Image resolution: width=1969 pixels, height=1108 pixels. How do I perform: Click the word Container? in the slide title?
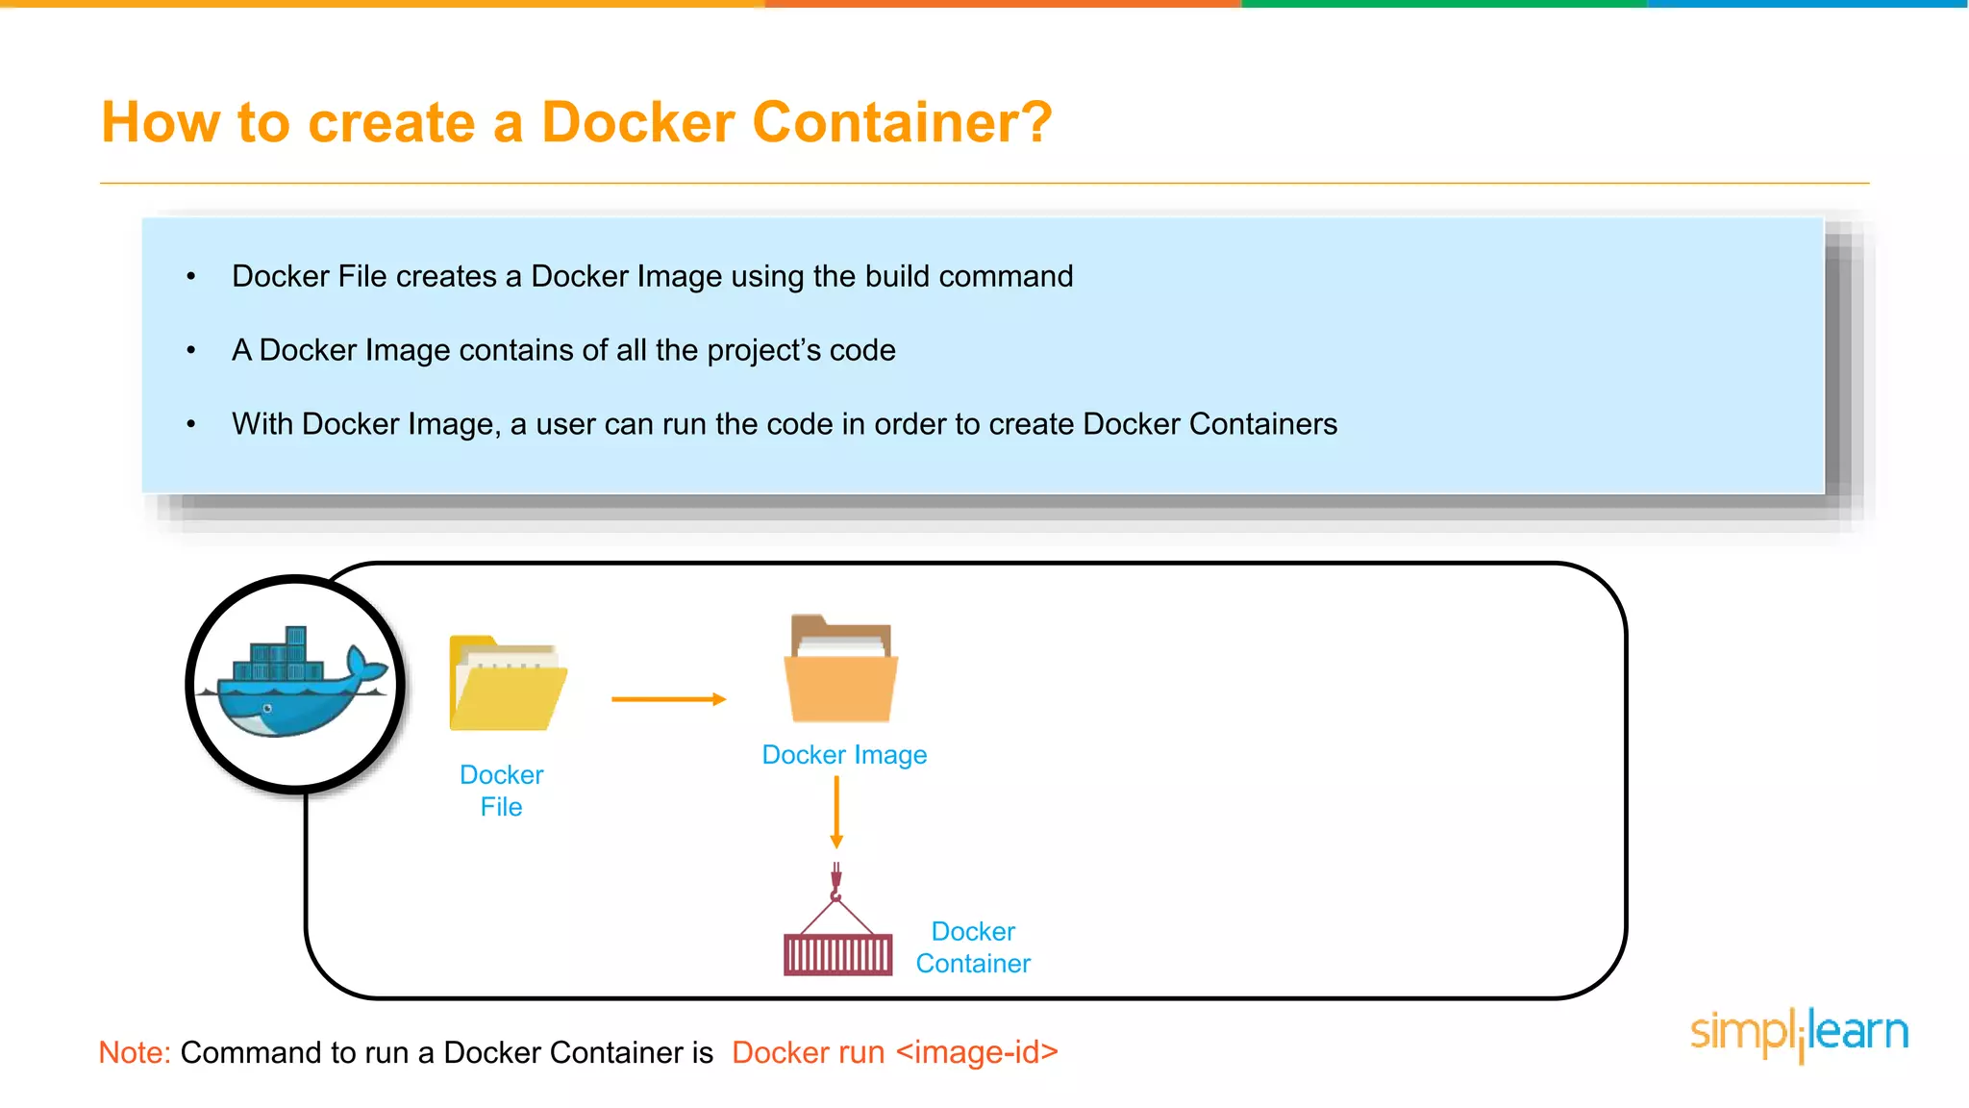pyautogui.click(x=902, y=123)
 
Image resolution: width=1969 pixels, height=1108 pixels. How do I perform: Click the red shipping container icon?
pyautogui.click(x=837, y=954)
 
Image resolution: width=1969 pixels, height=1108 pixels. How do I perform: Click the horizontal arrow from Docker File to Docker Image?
pyautogui.click(x=668, y=699)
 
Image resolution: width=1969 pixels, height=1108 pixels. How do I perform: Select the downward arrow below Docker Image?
pyautogui.click(x=836, y=812)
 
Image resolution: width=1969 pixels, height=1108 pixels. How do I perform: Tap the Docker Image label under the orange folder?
pyautogui.click(x=844, y=755)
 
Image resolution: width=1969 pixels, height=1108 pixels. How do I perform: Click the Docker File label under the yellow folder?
pyautogui.click(x=501, y=791)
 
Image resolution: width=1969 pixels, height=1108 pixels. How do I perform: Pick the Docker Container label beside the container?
pyautogui.click(x=973, y=947)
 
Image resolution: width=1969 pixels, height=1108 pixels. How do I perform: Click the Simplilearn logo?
pyautogui.click(x=1799, y=1033)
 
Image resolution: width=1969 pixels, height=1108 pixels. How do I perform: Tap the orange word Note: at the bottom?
pyautogui.click(x=135, y=1052)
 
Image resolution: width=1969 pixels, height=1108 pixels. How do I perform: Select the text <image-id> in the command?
pyautogui.click(x=977, y=1052)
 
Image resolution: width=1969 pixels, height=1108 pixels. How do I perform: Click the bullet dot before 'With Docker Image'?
pyautogui.click(x=191, y=424)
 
